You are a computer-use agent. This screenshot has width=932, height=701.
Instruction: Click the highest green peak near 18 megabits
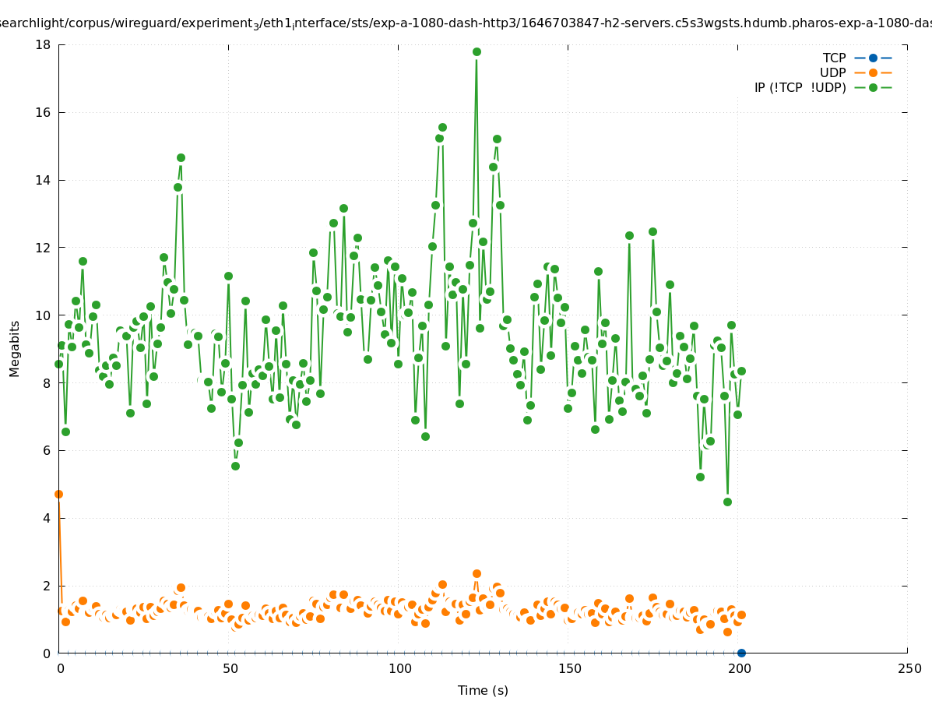[x=477, y=52]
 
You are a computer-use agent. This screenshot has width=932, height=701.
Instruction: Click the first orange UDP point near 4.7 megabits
[x=58, y=494]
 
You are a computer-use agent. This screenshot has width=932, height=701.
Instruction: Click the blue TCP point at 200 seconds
[x=741, y=653]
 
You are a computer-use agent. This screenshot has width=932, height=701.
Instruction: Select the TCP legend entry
[x=834, y=58]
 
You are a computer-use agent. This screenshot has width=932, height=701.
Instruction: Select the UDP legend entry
[x=832, y=73]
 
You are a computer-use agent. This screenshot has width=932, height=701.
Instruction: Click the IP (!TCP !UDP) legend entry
[x=800, y=88]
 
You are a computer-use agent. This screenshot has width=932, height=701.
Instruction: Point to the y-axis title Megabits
[x=15, y=348]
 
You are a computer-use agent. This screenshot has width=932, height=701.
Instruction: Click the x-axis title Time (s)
[x=483, y=690]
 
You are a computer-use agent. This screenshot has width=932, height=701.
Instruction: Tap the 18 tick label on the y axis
[x=44, y=45]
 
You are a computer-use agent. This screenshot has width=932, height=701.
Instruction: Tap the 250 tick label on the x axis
[x=909, y=669]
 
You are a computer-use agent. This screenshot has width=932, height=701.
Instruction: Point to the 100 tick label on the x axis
[x=399, y=669]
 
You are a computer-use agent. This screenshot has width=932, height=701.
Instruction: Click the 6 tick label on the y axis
[x=47, y=451]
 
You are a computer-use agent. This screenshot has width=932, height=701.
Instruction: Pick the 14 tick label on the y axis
[x=44, y=180]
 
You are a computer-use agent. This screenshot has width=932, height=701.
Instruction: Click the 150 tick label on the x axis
[x=569, y=669]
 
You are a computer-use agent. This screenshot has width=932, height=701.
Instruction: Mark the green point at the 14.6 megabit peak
[x=181, y=158]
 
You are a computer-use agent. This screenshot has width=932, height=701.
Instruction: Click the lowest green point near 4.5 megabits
[x=727, y=502]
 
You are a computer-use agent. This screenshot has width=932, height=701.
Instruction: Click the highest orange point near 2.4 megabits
[x=477, y=574]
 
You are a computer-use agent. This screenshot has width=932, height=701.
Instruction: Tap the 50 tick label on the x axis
[x=230, y=669]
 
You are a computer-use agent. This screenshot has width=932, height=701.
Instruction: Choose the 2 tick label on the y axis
[x=47, y=586]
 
